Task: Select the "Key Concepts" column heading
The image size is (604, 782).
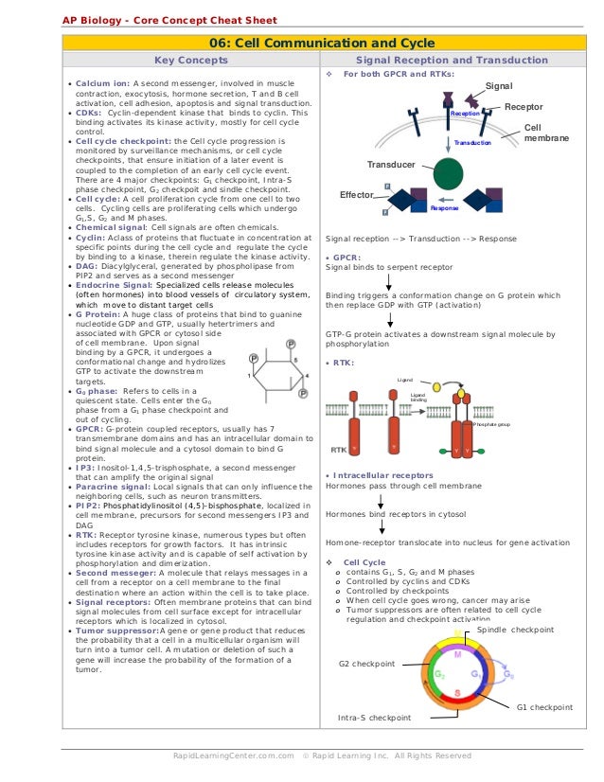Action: click(x=191, y=61)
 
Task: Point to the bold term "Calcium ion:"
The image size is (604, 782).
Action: click(x=103, y=83)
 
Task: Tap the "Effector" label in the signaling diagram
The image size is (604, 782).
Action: click(x=358, y=195)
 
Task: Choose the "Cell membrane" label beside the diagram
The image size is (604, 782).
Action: click(x=545, y=133)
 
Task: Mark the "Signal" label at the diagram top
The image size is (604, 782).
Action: click(x=499, y=86)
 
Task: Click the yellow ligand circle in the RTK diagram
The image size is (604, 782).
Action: click(x=436, y=386)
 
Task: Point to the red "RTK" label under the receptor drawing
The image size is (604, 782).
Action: click(x=338, y=450)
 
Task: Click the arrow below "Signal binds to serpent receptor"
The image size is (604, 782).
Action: click(x=388, y=281)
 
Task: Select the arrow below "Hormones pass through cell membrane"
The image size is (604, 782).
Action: click(x=380, y=501)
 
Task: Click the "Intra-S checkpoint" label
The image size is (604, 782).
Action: click(x=374, y=718)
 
